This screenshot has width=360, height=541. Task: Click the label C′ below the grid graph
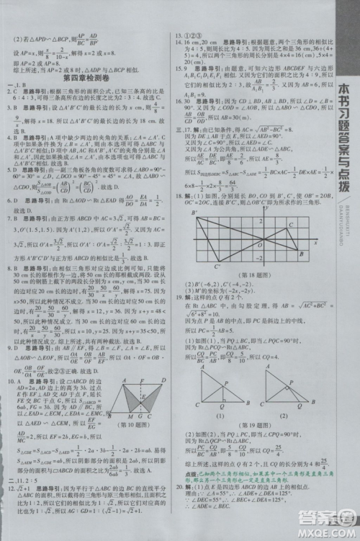[217, 267]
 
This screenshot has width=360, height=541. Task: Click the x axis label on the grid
[314, 243]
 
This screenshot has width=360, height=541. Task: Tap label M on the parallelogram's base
[130, 416]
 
